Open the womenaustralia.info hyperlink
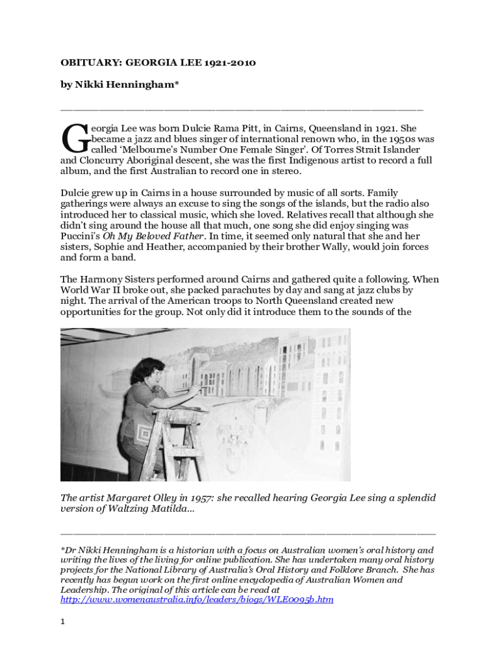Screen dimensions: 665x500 [x=197, y=600]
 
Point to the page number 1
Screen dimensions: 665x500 [x=63, y=621]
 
